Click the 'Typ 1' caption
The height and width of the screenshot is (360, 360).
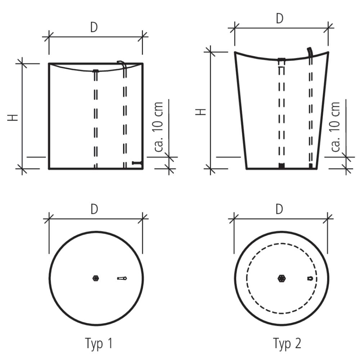99,343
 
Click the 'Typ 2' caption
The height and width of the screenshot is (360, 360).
287,343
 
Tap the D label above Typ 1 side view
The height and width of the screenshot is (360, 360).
94,27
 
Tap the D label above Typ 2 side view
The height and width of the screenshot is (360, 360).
280,18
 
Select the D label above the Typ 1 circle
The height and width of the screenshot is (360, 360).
94,209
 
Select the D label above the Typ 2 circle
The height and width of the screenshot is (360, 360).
279,209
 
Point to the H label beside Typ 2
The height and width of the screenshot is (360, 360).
201,112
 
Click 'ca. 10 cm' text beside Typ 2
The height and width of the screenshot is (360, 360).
335,127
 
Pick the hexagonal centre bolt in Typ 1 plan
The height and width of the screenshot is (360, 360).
96,278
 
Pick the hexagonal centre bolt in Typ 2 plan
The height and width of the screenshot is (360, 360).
282,279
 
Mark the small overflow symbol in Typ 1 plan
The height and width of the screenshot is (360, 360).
122,278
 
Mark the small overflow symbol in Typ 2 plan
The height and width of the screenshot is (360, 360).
310,279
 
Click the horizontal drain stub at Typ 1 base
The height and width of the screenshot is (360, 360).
138,163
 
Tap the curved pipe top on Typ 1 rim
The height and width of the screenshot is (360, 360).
122,63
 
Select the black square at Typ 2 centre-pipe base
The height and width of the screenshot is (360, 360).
282,166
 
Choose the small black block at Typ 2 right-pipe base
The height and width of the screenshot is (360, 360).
311,166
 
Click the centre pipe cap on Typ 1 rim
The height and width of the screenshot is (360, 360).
95,71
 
